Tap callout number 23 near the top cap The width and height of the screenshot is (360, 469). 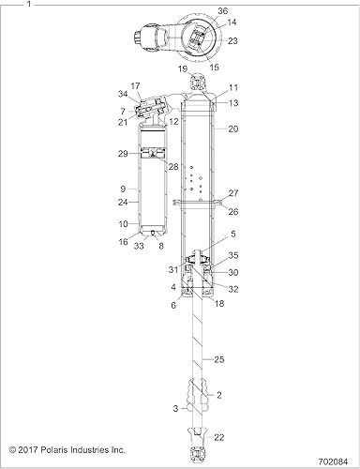coord(232,40)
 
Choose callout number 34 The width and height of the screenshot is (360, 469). coord(123,94)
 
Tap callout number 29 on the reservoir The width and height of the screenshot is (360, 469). coord(124,153)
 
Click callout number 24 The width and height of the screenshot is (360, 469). coord(124,201)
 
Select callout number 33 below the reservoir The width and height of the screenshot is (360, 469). coord(139,246)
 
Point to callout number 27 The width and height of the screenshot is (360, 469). coord(234,192)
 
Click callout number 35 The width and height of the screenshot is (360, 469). coord(234,254)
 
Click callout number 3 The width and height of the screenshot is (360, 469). coord(176,410)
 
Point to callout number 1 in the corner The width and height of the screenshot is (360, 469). coord(6,5)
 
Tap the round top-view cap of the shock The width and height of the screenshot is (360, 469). coord(196,38)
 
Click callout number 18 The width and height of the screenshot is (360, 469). coord(218,304)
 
